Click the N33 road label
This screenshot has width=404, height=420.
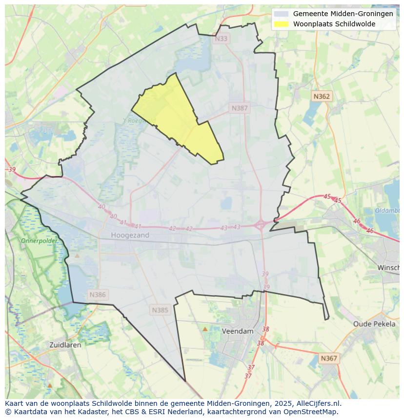tap(221, 39)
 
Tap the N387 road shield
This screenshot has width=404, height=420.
tap(240, 108)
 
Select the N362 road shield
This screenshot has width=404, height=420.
tap(322, 97)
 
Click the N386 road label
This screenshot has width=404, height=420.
tap(98, 295)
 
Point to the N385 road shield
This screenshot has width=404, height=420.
tap(160, 310)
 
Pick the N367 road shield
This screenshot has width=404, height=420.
tap(329, 358)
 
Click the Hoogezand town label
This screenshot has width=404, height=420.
tap(130, 235)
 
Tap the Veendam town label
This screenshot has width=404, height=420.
tap(238, 331)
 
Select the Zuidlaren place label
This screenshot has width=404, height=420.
tap(65, 344)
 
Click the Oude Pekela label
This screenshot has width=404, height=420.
tap(374, 324)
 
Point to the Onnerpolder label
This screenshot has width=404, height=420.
tap(39, 240)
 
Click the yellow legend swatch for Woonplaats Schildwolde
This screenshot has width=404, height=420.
tap(281, 24)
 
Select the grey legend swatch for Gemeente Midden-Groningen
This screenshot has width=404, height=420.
tap(281, 14)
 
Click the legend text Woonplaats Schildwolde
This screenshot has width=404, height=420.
tap(334, 24)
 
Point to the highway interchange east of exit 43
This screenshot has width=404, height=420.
tap(261, 224)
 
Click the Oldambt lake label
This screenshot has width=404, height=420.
tap(388, 211)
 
